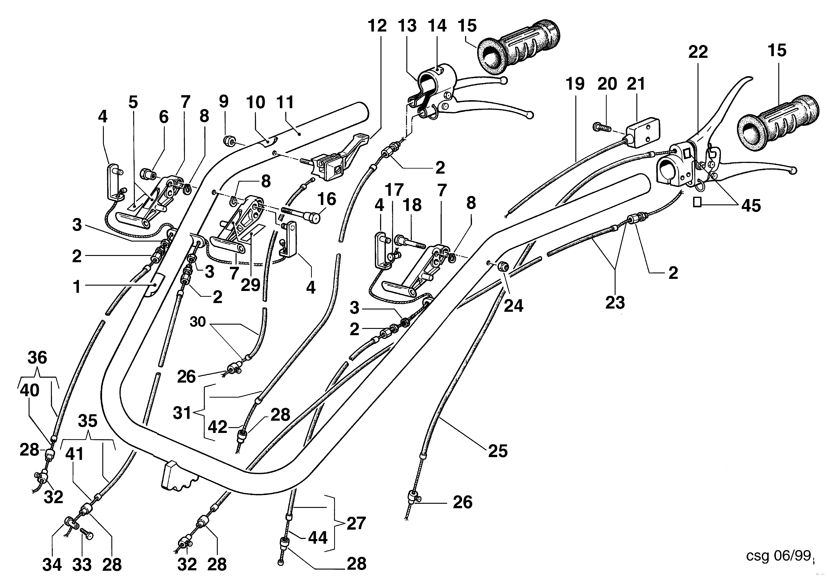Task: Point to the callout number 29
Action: pyautogui.click(x=251, y=285)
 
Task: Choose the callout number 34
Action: pyautogui.click(x=52, y=565)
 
